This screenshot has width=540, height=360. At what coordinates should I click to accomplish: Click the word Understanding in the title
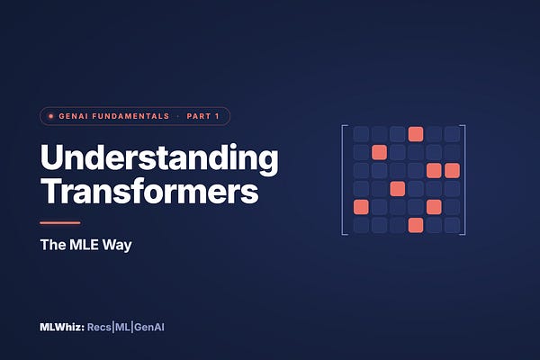[159, 157]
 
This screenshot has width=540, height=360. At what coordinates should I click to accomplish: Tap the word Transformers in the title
[149, 191]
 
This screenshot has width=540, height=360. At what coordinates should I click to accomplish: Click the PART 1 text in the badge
[202, 116]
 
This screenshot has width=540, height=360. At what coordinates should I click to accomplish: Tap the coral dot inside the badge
[51, 116]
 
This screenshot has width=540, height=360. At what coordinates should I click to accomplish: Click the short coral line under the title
[60, 223]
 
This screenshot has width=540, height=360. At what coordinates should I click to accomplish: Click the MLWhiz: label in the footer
[62, 327]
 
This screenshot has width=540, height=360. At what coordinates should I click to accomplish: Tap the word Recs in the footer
[99, 327]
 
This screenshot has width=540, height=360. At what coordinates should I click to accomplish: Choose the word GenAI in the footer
[149, 328]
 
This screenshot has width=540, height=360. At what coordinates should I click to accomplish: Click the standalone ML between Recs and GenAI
[122, 327]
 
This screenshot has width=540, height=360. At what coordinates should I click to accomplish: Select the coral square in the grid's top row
[416, 134]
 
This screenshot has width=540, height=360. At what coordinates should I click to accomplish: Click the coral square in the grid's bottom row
[416, 225]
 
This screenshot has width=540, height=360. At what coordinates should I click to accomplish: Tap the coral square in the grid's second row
[379, 152]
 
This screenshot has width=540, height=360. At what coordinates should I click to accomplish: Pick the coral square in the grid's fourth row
[398, 189]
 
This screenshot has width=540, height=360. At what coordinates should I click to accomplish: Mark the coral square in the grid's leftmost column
[361, 207]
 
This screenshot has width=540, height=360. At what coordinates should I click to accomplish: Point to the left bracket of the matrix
[342, 180]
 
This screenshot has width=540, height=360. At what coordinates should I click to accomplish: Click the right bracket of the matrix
[465, 180]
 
